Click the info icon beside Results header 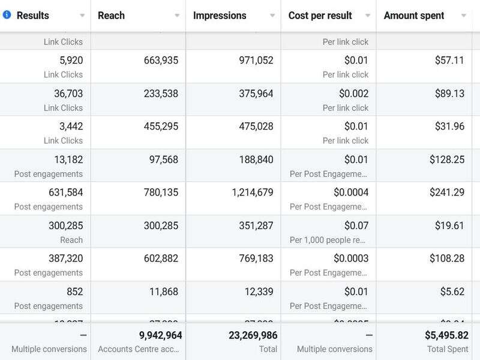[x=7, y=15]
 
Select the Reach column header [x=111, y=16]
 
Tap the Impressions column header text [x=220, y=16]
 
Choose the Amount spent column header [x=414, y=16]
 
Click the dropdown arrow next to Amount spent [x=463, y=16]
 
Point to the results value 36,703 [x=68, y=94]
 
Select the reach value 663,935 [x=161, y=60]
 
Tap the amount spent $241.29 [x=446, y=193]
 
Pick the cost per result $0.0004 [x=351, y=193]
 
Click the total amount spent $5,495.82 [x=446, y=335]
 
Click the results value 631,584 [x=65, y=193]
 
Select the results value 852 [x=75, y=292]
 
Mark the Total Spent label [x=447, y=349]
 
